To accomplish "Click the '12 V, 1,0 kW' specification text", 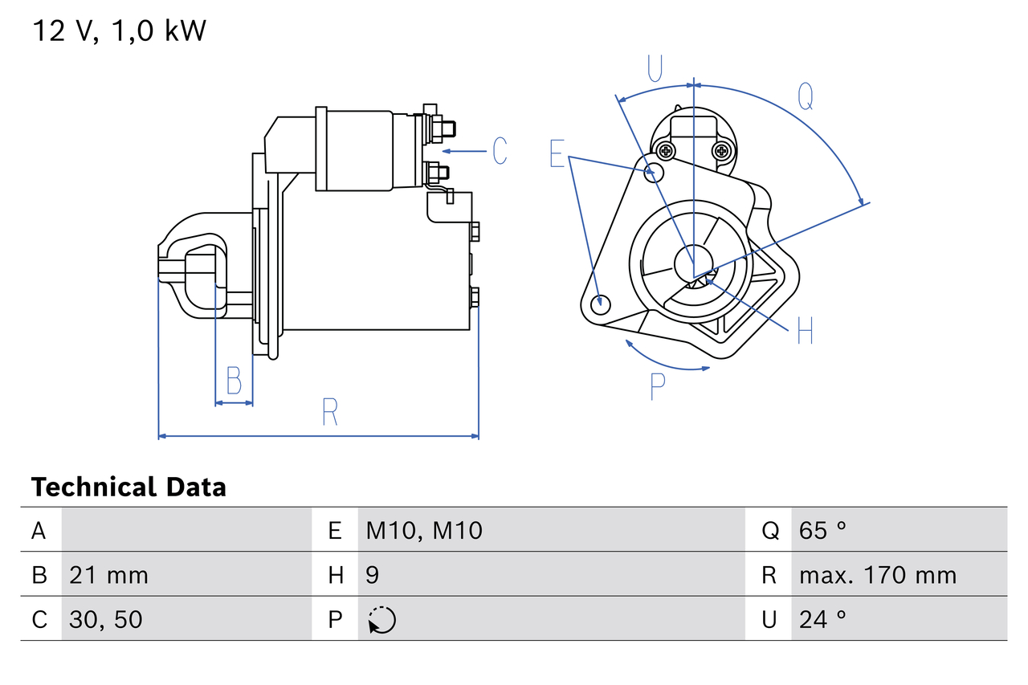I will click(x=119, y=31).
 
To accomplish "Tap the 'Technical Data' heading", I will click(x=128, y=487).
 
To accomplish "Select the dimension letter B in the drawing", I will click(x=234, y=381).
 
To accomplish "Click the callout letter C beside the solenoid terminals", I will click(x=500, y=151).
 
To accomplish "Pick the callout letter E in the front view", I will click(x=557, y=153).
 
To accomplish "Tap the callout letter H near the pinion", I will click(x=805, y=330).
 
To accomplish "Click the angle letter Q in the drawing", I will click(x=806, y=96).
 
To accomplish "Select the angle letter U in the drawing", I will click(x=655, y=68).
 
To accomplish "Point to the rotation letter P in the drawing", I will click(x=658, y=388).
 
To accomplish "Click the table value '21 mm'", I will click(x=108, y=575).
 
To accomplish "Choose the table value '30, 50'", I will click(x=105, y=619).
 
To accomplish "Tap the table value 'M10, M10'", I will click(x=424, y=531).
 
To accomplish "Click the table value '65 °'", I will click(x=823, y=531).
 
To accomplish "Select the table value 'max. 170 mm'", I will click(x=878, y=575).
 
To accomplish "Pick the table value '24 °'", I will click(x=823, y=619).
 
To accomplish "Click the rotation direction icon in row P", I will click(x=382, y=620).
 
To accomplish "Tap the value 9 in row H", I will click(x=373, y=575).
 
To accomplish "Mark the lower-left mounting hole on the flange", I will click(x=598, y=304).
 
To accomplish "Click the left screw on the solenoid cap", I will click(x=665, y=150).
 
